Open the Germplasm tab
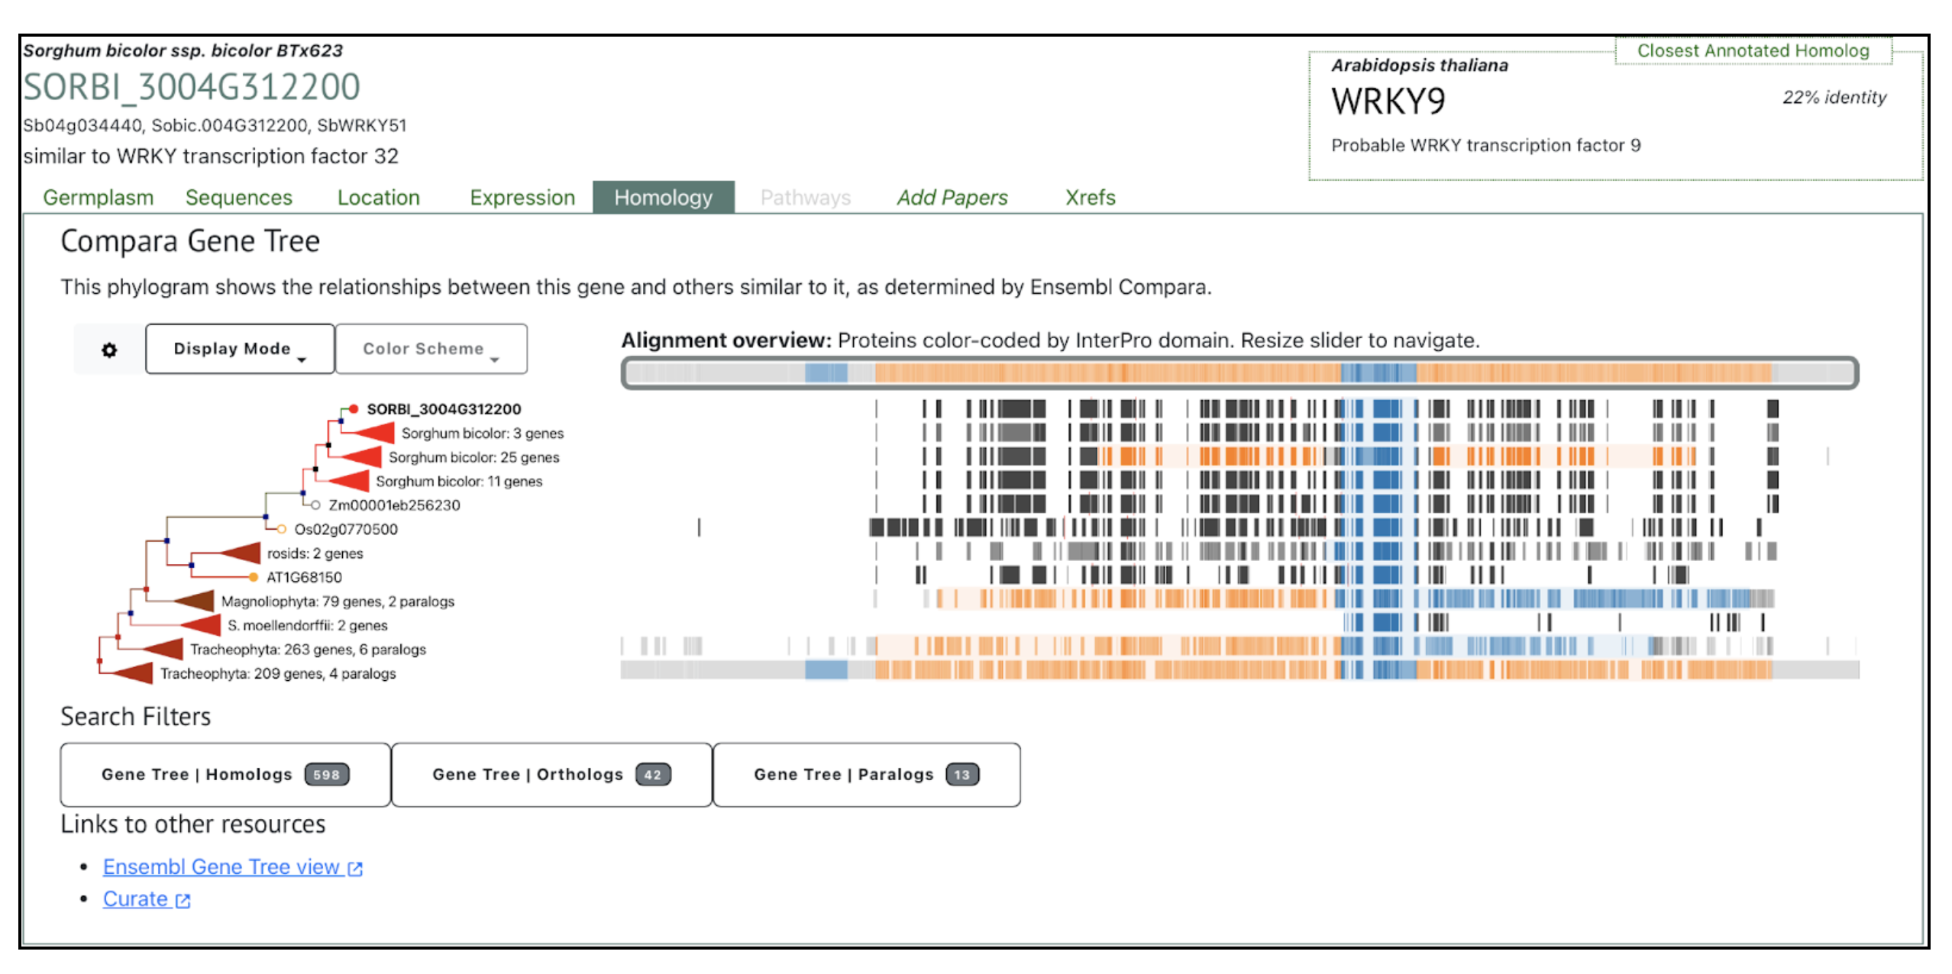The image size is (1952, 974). point(98,198)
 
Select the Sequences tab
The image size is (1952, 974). point(238,198)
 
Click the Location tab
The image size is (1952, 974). point(378,198)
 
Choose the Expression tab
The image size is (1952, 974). point(522,198)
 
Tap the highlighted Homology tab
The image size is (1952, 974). point(663,198)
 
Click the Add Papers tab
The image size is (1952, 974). point(952,198)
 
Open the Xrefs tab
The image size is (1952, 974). point(1090,198)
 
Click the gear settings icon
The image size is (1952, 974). point(109,350)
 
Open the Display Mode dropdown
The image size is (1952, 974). point(239,349)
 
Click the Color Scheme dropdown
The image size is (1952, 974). point(430,349)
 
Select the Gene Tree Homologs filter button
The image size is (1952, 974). point(225,774)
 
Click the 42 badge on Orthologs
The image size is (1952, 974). point(652,775)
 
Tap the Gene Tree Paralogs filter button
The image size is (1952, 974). point(865,774)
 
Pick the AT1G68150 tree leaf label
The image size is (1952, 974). point(304,577)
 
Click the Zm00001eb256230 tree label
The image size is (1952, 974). point(394,505)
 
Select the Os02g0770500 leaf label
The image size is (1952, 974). point(346,529)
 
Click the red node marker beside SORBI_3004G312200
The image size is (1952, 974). point(354,409)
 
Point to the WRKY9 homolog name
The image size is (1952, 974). point(1388,102)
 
